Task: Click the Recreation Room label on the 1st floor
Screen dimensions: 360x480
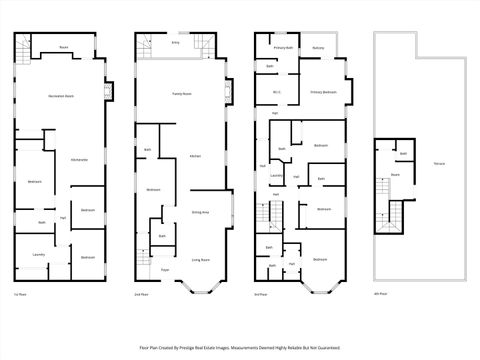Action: pyautogui.click(x=62, y=96)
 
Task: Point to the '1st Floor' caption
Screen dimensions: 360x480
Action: pyautogui.click(x=19, y=295)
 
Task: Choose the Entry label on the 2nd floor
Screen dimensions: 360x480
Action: pyautogui.click(x=175, y=44)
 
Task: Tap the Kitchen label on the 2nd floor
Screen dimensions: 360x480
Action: pyautogui.click(x=196, y=157)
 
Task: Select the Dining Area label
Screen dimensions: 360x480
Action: pyautogui.click(x=199, y=212)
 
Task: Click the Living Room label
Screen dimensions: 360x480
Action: pyautogui.click(x=199, y=259)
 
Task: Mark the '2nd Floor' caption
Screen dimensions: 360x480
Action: pyautogui.click(x=141, y=295)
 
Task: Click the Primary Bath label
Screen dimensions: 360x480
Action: pyautogui.click(x=283, y=47)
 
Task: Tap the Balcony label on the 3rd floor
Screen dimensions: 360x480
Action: pyautogui.click(x=317, y=47)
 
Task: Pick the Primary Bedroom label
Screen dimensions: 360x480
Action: pyautogui.click(x=322, y=92)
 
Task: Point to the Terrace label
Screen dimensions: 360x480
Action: pyautogui.click(x=439, y=162)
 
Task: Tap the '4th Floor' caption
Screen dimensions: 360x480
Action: pyautogui.click(x=379, y=295)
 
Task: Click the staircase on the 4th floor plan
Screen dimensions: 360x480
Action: pyautogui.click(x=394, y=216)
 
